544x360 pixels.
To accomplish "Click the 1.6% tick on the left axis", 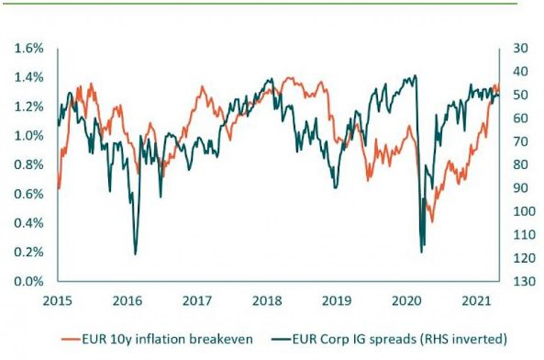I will pyautogui.click(x=28, y=48).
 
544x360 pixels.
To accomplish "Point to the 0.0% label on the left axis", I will pyautogui.click(x=28, y=281).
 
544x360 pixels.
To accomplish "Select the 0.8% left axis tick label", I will pyautogui.click(x=28, y=165).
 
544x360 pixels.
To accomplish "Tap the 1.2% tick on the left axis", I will pyautogui.click(x=28, y=107).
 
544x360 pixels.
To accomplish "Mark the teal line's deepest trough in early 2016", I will pyautogui.click(x=135, y=254).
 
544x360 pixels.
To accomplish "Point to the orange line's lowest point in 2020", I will pyautogui.click(x=432, y=222).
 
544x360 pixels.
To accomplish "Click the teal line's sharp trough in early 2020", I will pyautogui.click(x=421, y=252).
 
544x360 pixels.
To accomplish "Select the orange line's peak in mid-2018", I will pyautogui.click(x=290, y=77).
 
